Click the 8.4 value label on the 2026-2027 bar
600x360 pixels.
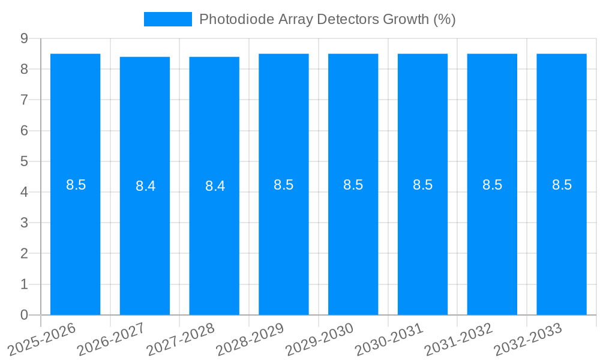145,186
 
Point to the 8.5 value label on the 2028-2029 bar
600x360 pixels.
284,185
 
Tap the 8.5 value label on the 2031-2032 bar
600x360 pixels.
492,185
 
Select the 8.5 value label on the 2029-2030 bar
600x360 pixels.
353,185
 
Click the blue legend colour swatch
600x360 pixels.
168,19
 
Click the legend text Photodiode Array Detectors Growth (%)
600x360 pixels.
328,19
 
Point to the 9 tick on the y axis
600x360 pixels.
24,38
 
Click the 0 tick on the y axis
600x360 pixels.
24,315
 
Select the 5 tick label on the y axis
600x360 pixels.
24,161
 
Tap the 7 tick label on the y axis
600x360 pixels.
24,100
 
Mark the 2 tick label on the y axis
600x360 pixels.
24,254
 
